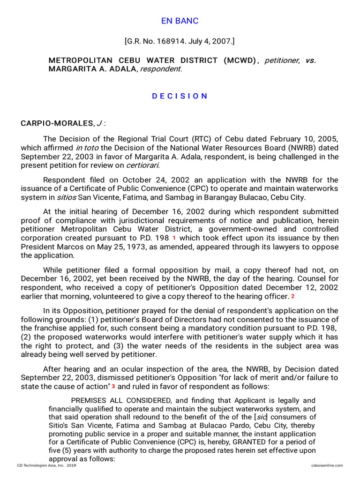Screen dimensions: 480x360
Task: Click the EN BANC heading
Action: (x=180, y=21)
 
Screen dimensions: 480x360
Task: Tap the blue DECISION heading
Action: (x=180, y=96)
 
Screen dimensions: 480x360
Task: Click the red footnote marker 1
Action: (x=174, y=238)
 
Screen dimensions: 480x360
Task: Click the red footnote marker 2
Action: (x=292, y=296)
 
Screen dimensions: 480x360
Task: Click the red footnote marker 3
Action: (x=113, y=386)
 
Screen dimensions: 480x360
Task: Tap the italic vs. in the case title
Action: (x=310, y=60)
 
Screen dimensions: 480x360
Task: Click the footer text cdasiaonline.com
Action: (x=327, y=465)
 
